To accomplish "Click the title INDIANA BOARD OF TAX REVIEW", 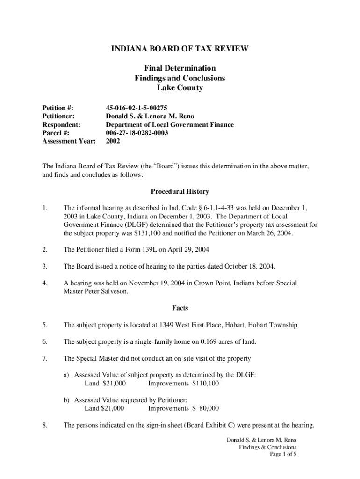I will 180,49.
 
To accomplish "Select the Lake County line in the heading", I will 180,88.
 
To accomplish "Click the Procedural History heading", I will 180,191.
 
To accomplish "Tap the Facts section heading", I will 180,308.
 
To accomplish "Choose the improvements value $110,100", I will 205,384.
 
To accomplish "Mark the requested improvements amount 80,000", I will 208,408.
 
